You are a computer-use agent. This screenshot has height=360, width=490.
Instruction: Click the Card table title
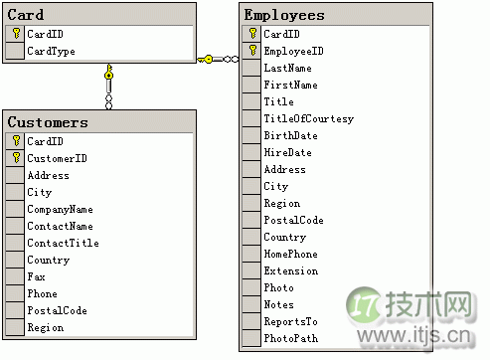pyautogui.click(x=26, y=15)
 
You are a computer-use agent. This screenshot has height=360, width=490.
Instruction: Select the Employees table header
pyautogui.click(x=284, y=15)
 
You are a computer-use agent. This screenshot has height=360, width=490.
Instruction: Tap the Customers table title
pyautogui.click(x=48, y=122)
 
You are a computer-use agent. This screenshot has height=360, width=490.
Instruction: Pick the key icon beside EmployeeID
pyautogui.click(x=252, y=51)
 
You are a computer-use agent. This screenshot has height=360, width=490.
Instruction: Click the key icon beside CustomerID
pyautogui.click(x=16, y=158)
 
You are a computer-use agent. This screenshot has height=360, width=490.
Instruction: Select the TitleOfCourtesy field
pyautogui.click(x=308, y=118)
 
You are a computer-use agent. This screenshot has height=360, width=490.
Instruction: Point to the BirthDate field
pyautogui.click(x=290, y=135)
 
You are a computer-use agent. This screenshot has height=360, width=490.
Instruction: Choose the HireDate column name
pyautogui.click(x=287, y=152)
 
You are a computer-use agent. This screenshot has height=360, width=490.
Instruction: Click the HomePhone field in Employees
pyautogui.click(x=291, y=254)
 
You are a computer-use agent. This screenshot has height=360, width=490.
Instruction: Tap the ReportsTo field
pyautogui.click(x=291, y=321)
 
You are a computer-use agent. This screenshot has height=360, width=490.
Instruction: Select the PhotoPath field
pyautogui.click(x=290, y=338)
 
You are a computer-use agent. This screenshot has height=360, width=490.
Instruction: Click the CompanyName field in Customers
pyautogui.click(x=60, y=209)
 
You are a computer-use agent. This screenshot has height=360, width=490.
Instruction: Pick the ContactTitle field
pyautogui.click(x=63, y=243)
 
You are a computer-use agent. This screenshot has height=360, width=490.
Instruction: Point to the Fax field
pyautogui.click(x=36, y=276)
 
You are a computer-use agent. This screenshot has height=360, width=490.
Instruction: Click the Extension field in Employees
pyautogui.click(x=290, y=270)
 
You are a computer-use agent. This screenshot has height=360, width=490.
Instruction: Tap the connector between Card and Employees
pyautogui.click(x=218, y=60)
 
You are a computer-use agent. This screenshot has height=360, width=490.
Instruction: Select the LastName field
pyautogui.click(x=287, y=68)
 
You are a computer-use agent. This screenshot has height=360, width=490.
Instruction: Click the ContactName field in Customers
pyautogui.click(x=60, y=226)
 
